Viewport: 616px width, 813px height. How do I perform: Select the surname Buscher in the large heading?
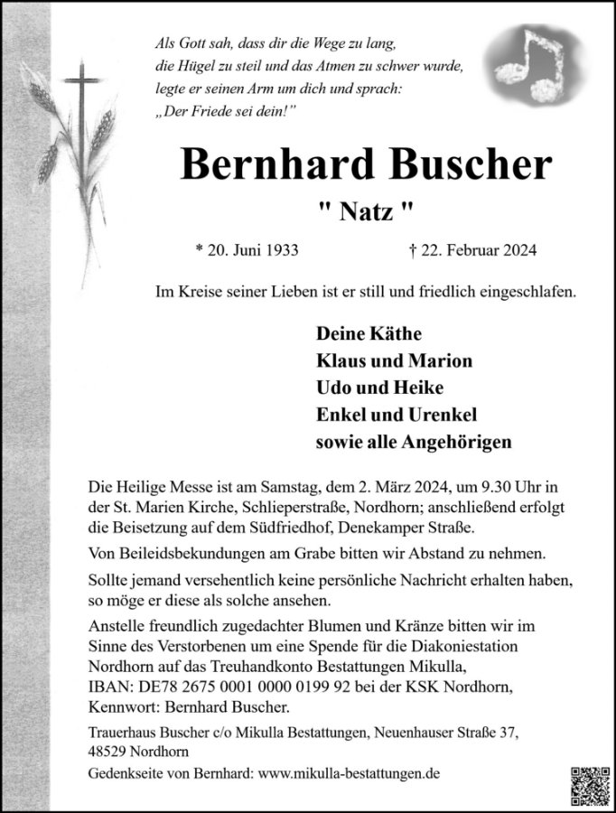coord(449,165)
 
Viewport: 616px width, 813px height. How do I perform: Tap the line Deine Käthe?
coord(369,333)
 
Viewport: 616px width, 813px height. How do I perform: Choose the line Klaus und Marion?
coord(394,360)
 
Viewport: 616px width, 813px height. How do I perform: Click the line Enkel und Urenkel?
coord(396,415)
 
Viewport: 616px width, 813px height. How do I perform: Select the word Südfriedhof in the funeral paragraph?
coord(285,528)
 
